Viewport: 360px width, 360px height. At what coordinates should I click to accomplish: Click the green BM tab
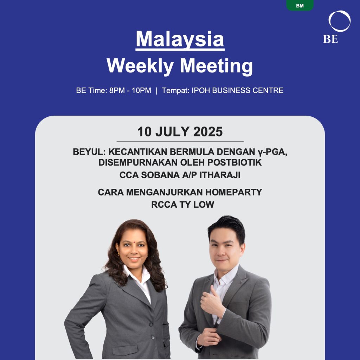coord(300,5)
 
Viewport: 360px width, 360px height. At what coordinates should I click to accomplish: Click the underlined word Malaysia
coord(180,39)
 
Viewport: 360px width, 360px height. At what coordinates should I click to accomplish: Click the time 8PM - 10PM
coord(130,90)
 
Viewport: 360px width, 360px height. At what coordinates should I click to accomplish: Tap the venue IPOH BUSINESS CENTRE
coord(237,90)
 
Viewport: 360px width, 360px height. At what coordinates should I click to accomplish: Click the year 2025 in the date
coord(208,132)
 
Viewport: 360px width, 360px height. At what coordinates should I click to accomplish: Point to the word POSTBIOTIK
coord(234,162)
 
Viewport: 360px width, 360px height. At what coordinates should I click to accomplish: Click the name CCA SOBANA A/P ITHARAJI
coord(180,175)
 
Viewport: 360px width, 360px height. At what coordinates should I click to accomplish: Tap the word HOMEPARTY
coord(233,192)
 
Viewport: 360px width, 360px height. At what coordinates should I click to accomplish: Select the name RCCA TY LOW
coord(183,205)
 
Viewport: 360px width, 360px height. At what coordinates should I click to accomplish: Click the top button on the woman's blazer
coord(151,324)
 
